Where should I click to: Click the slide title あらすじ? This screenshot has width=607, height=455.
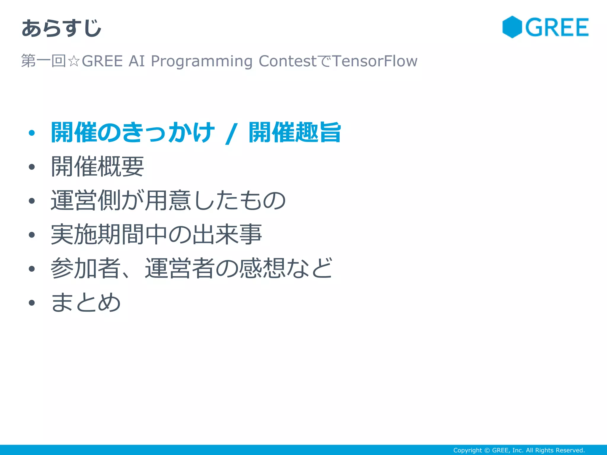click(61, 28)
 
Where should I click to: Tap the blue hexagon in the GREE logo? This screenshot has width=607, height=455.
click(512, 27)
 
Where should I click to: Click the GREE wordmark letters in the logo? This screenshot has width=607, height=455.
click(557, 27)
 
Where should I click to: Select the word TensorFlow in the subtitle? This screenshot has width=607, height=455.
click(375, 61)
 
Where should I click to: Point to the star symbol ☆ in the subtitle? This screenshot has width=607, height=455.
click(74, 61)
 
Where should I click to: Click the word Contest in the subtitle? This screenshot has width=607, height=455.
click(287, 61)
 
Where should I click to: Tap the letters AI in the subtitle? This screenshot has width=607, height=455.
click(137, 61)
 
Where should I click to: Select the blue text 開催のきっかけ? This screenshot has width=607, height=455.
click(132, 132)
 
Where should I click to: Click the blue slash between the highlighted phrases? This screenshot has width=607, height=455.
click(231, 134)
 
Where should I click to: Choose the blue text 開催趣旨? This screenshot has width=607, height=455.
click(295, 132)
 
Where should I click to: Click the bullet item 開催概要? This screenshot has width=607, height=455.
click(97, 166)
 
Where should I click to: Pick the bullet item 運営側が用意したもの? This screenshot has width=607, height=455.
click(168, 201)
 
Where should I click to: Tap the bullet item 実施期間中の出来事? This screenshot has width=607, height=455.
click(156, 234)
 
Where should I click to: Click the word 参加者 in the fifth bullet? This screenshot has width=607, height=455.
click(85, 268)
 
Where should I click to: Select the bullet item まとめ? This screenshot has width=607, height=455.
click(86, 302)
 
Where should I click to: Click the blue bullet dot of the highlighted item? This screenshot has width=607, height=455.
click(32, 133)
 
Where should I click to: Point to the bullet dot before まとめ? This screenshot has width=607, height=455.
click(32, 303)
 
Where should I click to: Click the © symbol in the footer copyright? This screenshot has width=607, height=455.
click(487, 450)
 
